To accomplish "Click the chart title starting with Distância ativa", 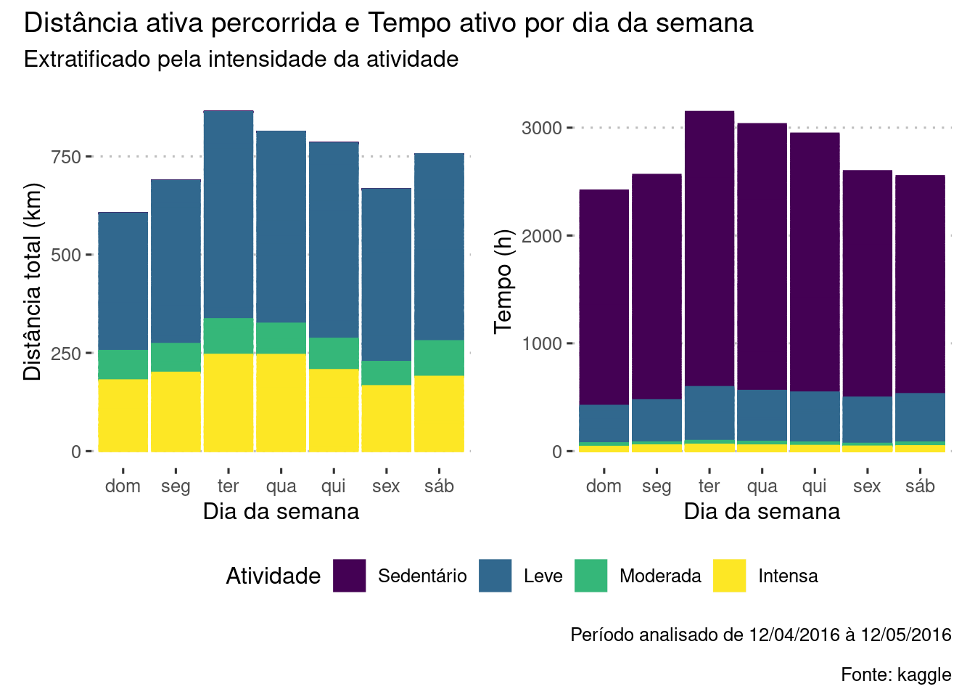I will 388,23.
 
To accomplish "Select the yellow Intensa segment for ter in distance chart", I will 229,402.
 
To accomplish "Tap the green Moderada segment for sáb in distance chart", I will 439,358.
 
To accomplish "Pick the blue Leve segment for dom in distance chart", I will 123,282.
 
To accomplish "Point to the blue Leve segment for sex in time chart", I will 867,420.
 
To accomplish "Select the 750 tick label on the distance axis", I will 66,157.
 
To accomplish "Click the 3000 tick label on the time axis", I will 542,129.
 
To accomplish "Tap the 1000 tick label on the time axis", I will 542,344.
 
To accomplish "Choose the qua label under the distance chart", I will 281,486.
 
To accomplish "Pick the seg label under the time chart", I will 657,486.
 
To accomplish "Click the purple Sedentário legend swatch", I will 350,576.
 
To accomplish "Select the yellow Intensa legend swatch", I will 730,576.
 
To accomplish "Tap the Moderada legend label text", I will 660,576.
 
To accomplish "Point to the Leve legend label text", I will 543,576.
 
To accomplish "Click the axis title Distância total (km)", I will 33,281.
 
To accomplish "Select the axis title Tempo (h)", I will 503,281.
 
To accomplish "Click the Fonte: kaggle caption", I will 896,674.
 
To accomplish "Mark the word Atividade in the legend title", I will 273,576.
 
